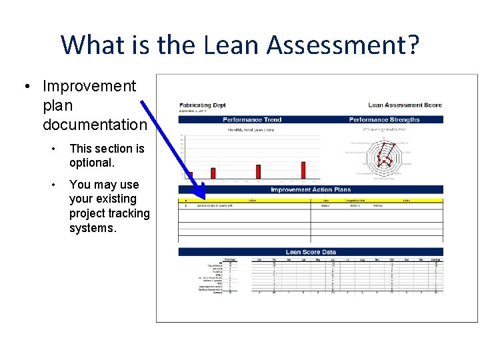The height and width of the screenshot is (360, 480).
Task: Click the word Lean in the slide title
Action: (233, 45)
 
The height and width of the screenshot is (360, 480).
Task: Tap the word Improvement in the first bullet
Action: (89, 86)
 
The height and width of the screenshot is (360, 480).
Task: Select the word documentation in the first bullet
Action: (95, 125)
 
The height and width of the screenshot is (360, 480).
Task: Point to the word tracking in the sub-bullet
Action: (129, 213)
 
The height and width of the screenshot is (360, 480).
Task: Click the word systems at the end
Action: (93, 228)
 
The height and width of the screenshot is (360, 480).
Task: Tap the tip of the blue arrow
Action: (203, 198)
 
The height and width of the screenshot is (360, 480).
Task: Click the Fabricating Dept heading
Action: (203, 105)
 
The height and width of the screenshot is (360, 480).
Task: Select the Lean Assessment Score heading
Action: (405, 105)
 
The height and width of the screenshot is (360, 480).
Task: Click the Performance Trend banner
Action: (251, 120)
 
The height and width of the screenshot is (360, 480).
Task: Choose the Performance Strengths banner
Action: (384, 120)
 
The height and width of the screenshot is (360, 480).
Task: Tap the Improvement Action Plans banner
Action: (311, 190)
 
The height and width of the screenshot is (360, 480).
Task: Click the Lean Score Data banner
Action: (311, 252)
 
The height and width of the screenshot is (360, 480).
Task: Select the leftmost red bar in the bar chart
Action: (189, 175)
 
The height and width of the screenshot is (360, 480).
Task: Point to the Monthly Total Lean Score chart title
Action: (251, 130)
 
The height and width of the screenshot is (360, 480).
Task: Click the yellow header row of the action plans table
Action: (311, 200)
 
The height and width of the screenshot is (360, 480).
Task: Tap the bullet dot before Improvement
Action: (26, 87)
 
